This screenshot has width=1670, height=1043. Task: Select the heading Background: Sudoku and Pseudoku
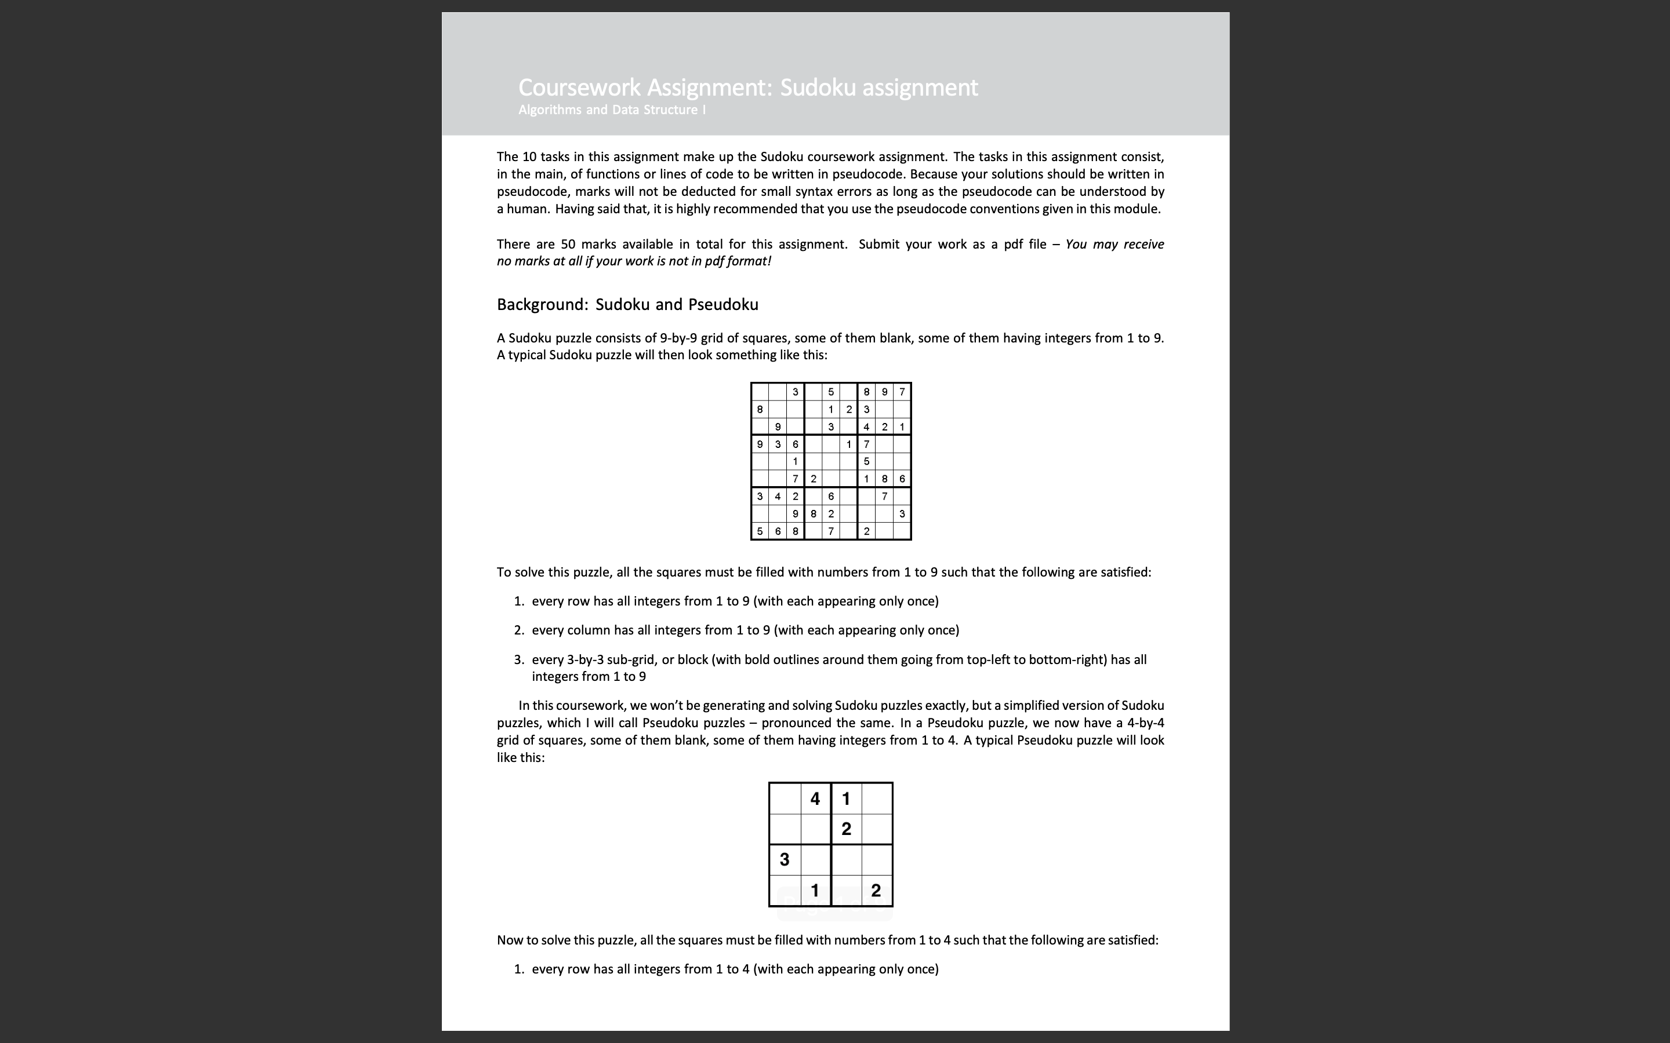coord(627,304)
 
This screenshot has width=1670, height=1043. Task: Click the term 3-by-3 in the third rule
coord(584,659)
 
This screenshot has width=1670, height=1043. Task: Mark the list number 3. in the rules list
coord(519,659)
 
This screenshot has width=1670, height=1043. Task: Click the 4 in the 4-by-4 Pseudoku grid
coord(815,799)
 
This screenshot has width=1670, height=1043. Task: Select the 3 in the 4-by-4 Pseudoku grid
coord(784,859)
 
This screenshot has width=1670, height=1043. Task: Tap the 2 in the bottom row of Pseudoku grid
coord(876,891)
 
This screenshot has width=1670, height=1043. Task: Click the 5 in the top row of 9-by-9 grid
coord(831,392)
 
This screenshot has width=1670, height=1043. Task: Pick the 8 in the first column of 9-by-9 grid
coord(760,409)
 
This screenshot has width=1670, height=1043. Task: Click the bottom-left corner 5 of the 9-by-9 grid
coord(760,531)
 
